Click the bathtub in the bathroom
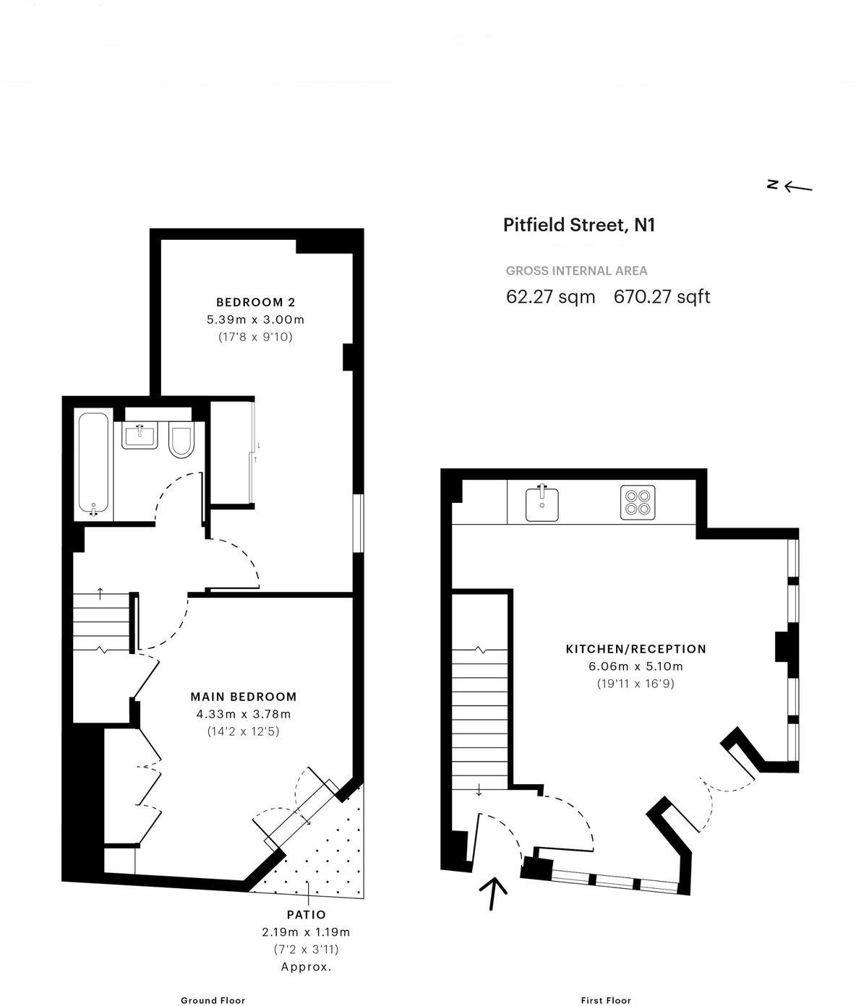pos(94,464)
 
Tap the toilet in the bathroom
pos(181,439)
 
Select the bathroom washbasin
pos(140,434)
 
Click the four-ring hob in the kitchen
pos(638,502)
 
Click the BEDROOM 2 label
pos(256,302)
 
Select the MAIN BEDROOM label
pos(244,697)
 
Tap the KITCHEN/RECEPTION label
pos(635,649)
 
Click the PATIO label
pos(307,914)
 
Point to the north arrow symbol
pos(789,186)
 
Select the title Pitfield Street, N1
pos(579,225)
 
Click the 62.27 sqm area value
pos(551,296)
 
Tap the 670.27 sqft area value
pos(662,296)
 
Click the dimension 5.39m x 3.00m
pos(256,319)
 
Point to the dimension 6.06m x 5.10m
pos(635,666)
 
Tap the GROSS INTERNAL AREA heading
pos(576,270)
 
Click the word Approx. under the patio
pos(307,966)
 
